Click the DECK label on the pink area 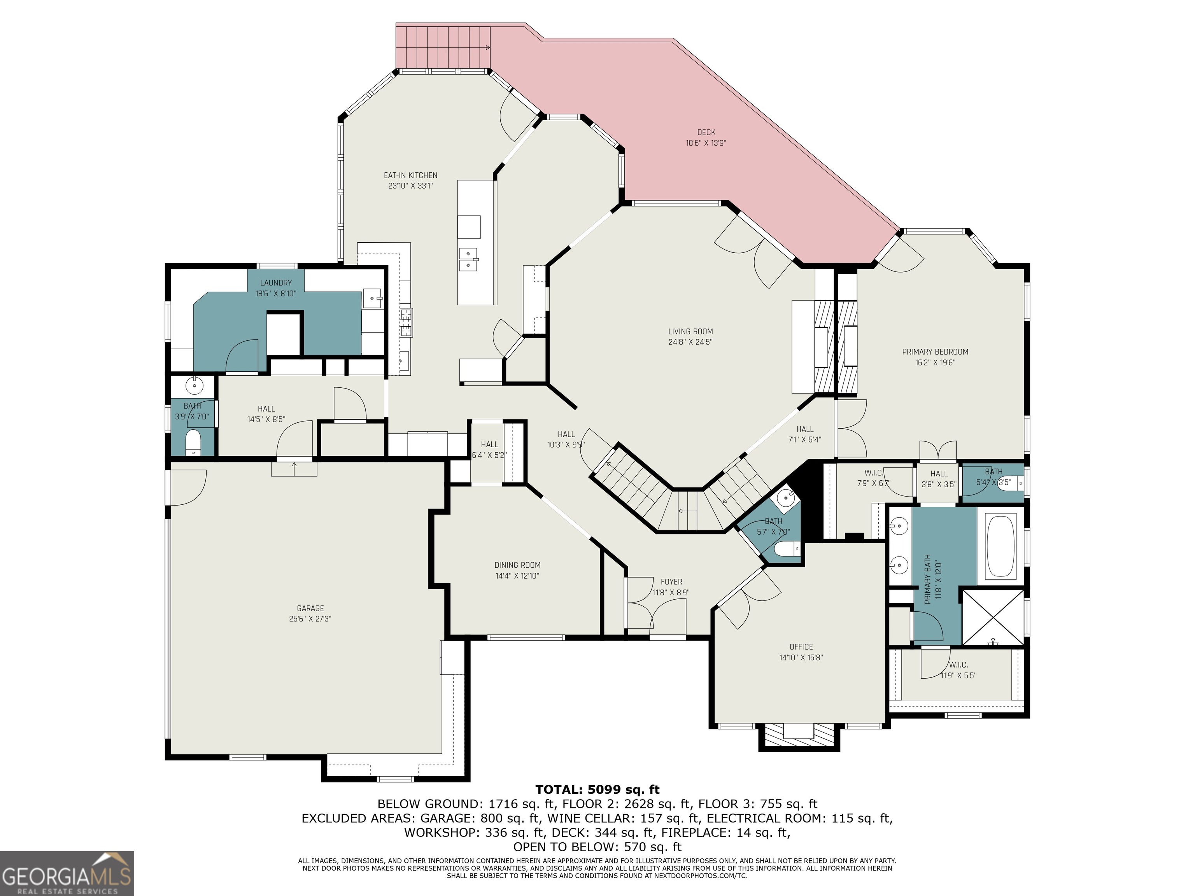706,132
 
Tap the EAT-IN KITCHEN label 410,175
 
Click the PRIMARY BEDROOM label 935,352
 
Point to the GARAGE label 310,608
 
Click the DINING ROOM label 517,565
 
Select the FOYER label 671,582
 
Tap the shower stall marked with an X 993,617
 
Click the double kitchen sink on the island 468,260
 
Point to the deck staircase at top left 443,47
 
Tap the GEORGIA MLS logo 67,873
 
